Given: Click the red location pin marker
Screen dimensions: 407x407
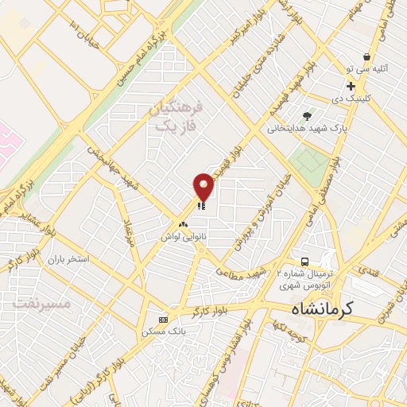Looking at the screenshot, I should pyautogui.click(x=203, y=186).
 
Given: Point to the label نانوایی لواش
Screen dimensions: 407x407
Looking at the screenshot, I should pyautogui.click(x=179, y=237).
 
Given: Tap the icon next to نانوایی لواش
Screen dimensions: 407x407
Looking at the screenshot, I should pyautogui.click(x=184, y=224).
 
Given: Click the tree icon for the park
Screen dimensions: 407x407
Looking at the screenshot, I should pyautogui.click(x=308, y=116).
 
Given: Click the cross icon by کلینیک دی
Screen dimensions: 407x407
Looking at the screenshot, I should pyautogui.click(x=351, y=86).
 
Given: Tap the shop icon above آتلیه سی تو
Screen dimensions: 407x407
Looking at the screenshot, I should pyautogui.click(x=366, y=57).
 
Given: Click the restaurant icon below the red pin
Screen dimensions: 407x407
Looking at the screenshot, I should pyautogui.click(x=201, y=205).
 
